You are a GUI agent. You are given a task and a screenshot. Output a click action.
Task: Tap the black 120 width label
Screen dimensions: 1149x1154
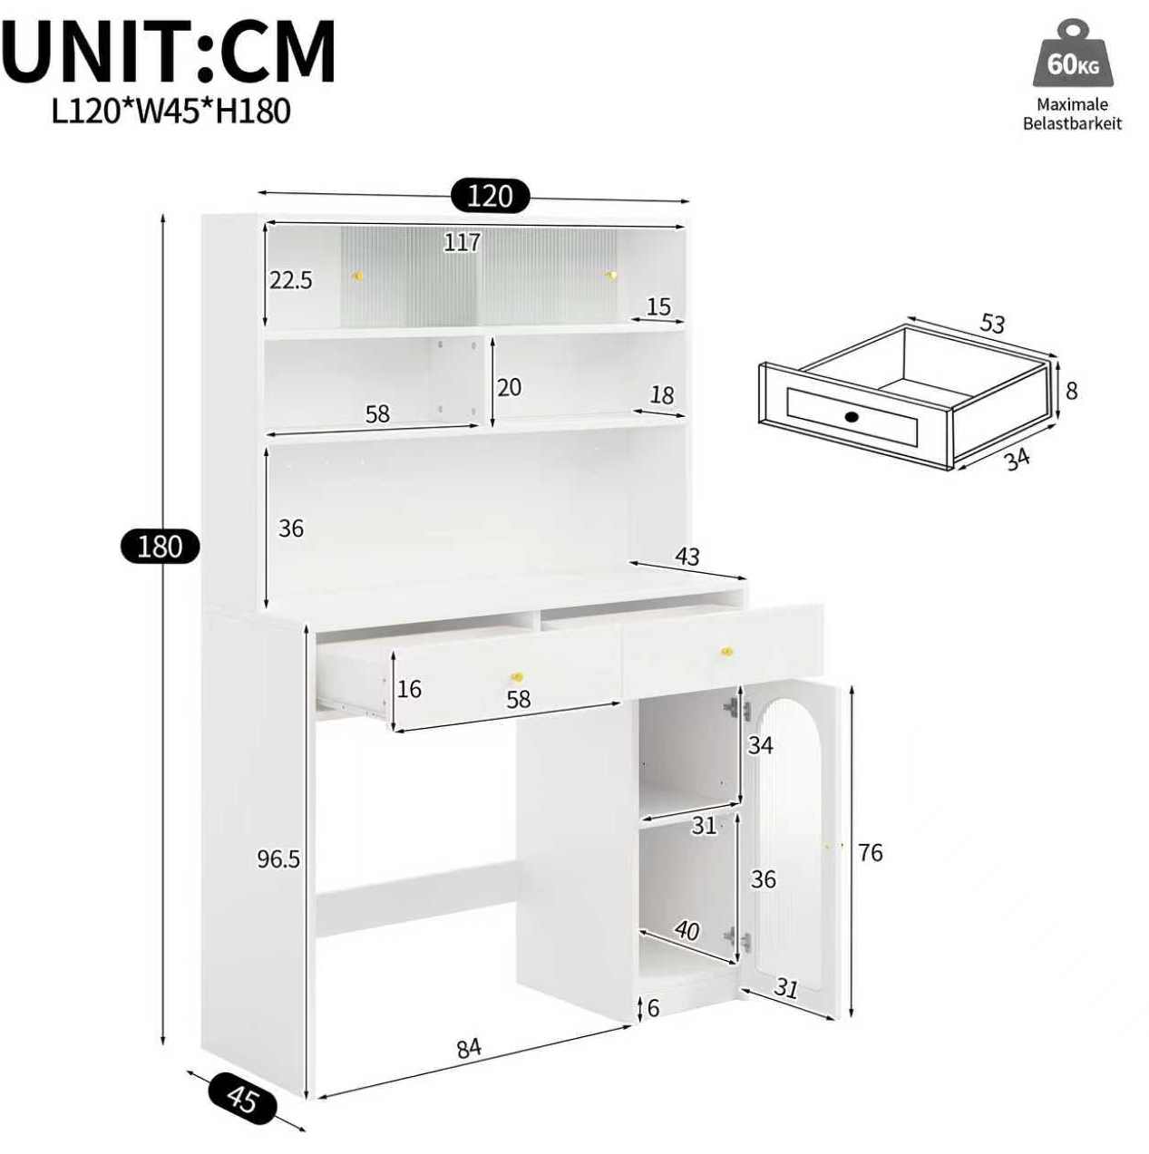[491, 196]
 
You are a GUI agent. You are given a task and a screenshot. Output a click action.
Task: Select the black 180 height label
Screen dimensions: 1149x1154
[160, 547]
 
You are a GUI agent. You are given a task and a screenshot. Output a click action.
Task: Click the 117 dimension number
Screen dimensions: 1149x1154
[463, 242]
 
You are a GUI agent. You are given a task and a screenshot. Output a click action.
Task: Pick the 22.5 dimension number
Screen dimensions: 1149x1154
[291, 280]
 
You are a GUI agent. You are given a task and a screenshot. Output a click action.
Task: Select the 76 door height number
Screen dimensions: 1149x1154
[870, 852]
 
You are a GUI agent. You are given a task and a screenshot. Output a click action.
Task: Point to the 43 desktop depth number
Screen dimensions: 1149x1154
[686, 557]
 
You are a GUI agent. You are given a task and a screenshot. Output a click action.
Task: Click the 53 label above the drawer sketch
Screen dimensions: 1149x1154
[991, 324]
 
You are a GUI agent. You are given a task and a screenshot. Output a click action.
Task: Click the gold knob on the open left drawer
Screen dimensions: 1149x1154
[517, 677]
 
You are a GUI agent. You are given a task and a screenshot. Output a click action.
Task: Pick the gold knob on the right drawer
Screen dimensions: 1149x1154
[726, 652]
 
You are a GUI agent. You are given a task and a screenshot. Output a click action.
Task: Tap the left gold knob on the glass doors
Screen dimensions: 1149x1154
[357, 276]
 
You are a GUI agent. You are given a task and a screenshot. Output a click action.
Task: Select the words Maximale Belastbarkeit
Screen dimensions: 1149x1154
[1072, 114]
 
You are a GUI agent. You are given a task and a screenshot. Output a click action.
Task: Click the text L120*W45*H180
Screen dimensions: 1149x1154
[171, 112]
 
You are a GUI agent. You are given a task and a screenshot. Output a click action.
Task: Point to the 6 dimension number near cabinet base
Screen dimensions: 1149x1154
[653, 1008]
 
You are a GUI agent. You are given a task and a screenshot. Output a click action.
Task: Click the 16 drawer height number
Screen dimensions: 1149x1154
[409, 689]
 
